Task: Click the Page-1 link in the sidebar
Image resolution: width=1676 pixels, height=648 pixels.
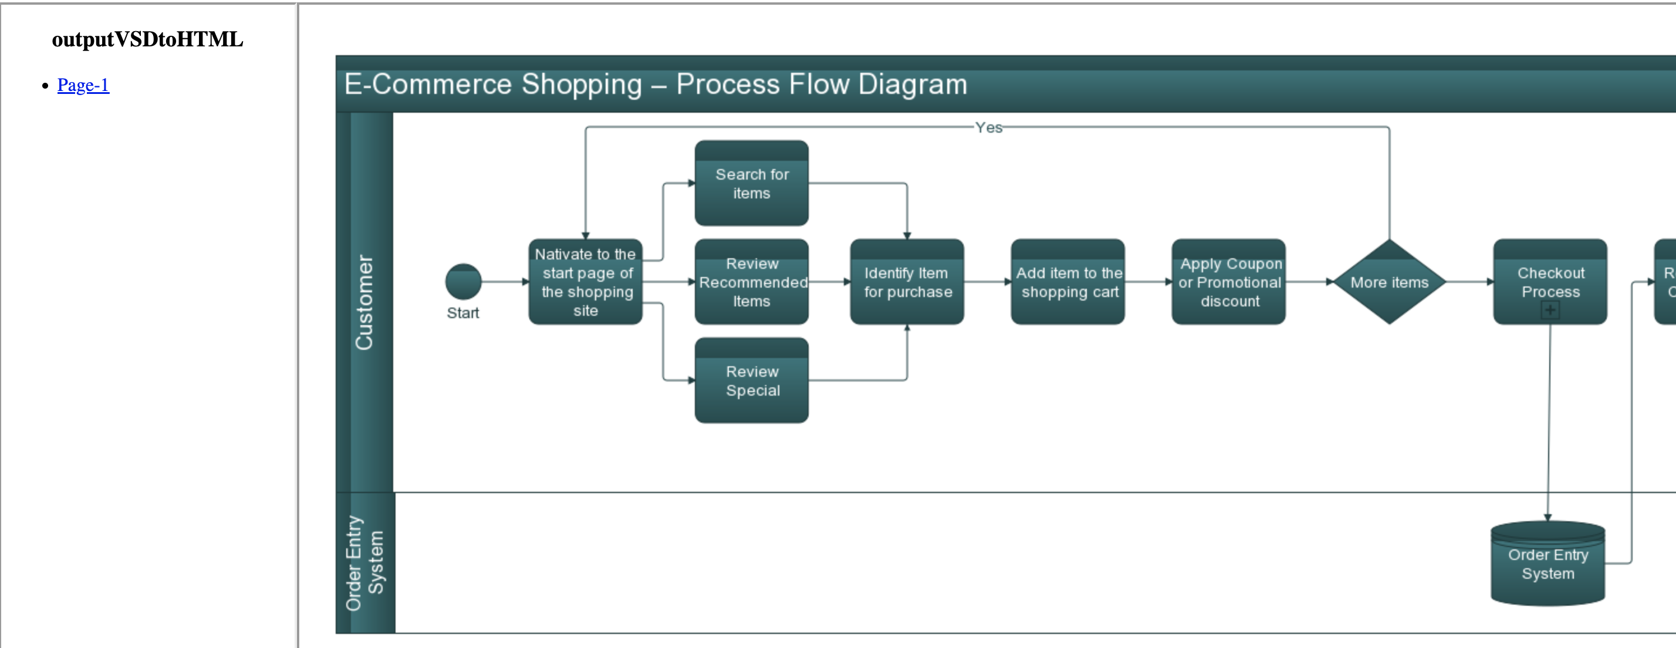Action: (x=83, y=85)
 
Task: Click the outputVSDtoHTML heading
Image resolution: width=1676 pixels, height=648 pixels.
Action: (x=147, y=40)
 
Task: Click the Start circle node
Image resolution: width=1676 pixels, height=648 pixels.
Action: (x=462, y=282)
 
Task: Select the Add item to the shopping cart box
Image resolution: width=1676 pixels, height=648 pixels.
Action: (x=1067, y=282)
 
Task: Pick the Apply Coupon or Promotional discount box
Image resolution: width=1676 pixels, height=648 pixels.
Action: (x=1228, y=282)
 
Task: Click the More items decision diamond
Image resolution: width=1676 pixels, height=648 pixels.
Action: (x=1389, y=282)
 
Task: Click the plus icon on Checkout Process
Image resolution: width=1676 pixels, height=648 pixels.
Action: (x=1550, y=311)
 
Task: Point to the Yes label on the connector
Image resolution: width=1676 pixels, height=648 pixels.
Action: (x=988, y=127)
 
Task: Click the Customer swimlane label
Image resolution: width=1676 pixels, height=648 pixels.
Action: (x=364, y=302)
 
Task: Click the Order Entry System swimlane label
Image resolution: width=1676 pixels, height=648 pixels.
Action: (x=364, y=563)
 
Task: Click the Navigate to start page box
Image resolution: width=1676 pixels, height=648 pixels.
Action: (x=585, y=282)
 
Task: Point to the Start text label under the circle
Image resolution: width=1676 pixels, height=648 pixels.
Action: (x=462, y=313)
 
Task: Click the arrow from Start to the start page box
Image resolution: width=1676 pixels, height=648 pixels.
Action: (x=505, y=282)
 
